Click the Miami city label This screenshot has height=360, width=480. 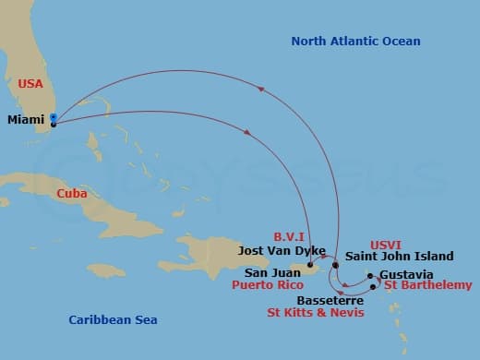point(25,120)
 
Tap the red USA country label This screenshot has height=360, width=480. point(30,84)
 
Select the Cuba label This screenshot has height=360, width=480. point(72,194)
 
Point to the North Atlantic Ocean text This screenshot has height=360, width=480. point(355,42)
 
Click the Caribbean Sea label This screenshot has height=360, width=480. point(113,320)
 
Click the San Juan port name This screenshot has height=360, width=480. point(272,273)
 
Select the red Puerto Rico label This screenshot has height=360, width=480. point(275,286)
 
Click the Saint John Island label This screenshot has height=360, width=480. point(400,257)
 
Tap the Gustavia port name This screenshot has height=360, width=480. point(406,275)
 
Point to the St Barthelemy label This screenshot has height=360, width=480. point(427,286)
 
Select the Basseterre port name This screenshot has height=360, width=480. point(330,300)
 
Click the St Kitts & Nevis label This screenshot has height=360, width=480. point(316,314)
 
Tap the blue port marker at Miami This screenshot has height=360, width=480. point(54,118)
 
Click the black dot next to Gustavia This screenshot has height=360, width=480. point(369,275)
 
